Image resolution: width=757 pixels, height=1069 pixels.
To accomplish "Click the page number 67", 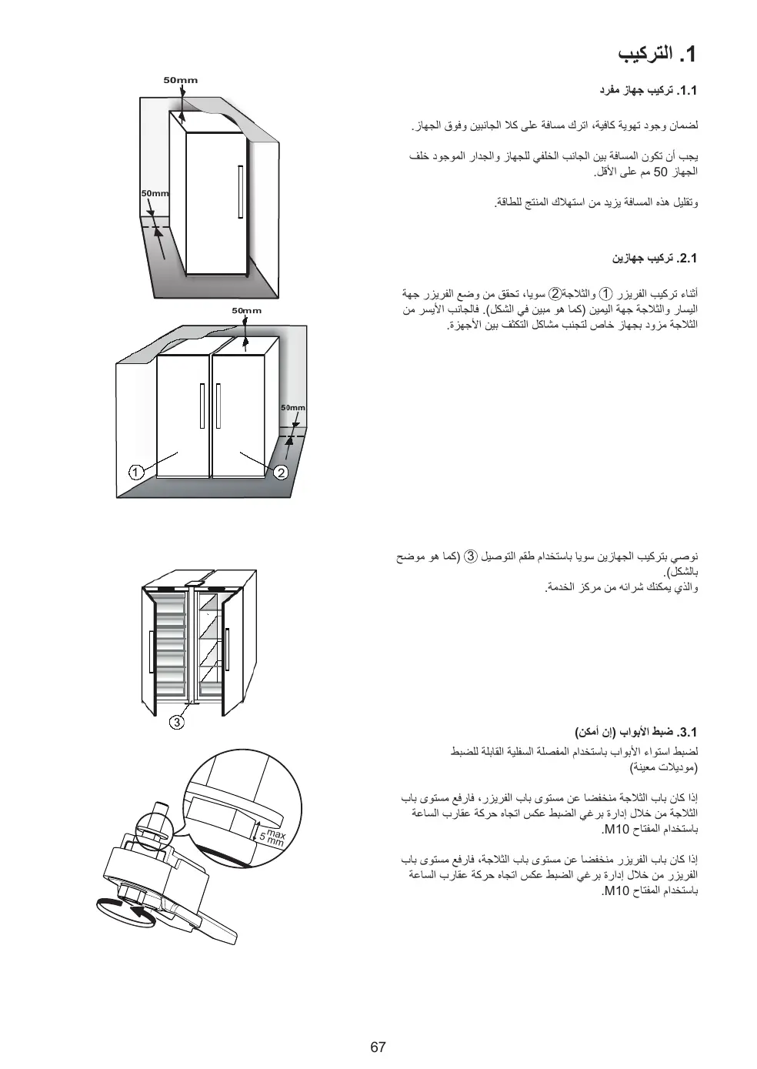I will tap(377, 1047).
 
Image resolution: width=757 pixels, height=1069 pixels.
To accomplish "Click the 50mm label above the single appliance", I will tap(181, 80).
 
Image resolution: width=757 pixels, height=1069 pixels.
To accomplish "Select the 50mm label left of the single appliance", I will tap(155, 193).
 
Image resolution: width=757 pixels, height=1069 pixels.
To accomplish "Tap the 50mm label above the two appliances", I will tap(247, 311).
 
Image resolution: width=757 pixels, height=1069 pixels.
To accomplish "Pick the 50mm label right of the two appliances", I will tap(292, 408).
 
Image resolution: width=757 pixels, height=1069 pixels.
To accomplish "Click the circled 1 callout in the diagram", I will tap(135, 472).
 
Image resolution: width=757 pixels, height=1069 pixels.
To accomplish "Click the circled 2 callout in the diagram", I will tap(281, 472).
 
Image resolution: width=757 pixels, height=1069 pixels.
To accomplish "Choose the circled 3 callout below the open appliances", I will tap(177, 722).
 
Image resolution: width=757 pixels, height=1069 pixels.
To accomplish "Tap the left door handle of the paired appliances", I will tap(202, 406).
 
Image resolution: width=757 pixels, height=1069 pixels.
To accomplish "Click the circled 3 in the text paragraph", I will tap(472, 556).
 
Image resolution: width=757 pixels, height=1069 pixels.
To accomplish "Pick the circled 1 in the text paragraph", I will tap(606, 293).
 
